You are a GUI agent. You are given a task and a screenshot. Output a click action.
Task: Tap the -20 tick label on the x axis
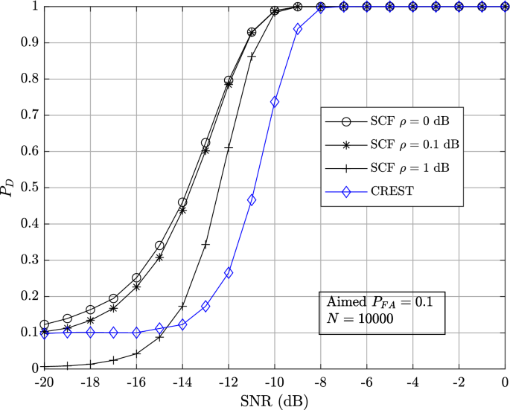[x=44, y=381]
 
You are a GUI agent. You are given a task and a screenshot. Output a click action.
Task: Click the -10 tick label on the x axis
[x=274, y=381]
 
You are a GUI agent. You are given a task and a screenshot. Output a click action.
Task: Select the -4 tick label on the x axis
[x=412, y=381]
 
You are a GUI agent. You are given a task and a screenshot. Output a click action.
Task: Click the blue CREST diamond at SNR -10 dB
[x=275, y=102]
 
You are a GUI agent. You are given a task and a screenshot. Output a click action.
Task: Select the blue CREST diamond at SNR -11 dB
[x=252, y=200]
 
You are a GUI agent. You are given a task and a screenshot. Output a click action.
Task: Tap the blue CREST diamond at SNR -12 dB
[x=229, y=272]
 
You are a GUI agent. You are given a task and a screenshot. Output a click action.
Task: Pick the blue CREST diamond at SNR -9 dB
[x=298, y=29]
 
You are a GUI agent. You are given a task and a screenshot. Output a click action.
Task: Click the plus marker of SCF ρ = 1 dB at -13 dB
[x=205, y=244]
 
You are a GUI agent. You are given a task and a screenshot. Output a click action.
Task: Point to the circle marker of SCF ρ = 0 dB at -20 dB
[x=44, y=324]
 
